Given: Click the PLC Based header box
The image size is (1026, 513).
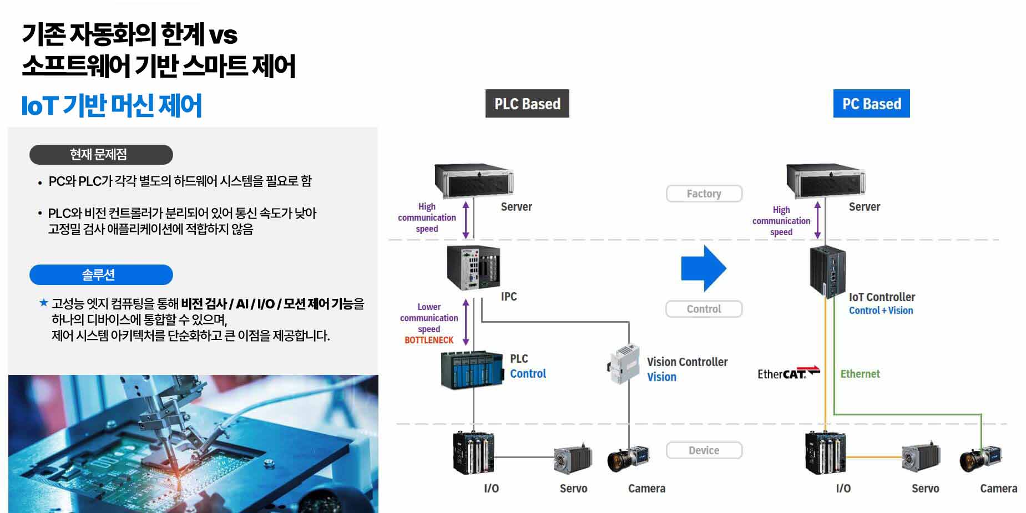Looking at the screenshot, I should point(527,104).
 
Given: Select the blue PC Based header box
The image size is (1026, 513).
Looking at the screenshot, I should point(871,104).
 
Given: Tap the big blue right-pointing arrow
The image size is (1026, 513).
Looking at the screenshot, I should point(703,268).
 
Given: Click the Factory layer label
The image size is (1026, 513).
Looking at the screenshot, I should point(704,194).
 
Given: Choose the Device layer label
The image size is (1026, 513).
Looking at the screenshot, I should point(704,450).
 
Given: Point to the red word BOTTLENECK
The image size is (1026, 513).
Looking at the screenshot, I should point(429,340).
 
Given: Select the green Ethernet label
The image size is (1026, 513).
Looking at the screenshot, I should point(860,374).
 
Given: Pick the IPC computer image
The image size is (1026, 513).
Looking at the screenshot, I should point(473,268).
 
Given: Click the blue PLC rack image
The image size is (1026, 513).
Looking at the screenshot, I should point(472,369).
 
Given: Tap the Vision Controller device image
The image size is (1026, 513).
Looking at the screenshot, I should point(624,364).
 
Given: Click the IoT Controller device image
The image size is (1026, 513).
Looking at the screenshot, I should point(827,272).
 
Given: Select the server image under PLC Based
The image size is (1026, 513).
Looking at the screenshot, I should point(473,181).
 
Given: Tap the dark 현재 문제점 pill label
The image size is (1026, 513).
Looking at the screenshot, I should point(101,155).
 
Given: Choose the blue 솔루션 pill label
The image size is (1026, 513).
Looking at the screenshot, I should point(101,275).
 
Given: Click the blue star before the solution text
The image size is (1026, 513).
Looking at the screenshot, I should point(43,303).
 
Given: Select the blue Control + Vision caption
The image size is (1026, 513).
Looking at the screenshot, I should point(881,311).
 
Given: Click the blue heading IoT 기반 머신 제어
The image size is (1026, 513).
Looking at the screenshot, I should point(112,105).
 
